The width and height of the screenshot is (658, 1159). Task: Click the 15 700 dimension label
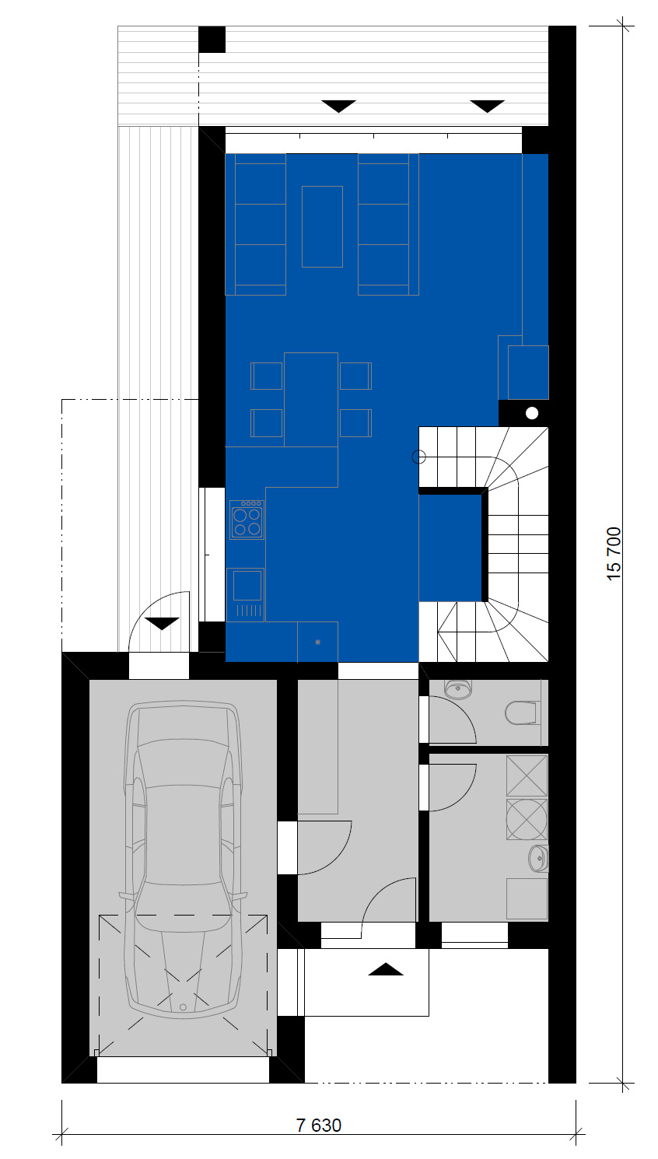(614, 553)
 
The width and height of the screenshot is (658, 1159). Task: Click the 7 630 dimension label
(319, 1125)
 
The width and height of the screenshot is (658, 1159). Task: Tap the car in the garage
(183, 860)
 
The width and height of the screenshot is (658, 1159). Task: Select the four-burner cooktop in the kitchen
(247, 520)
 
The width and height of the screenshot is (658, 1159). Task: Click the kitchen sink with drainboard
(246, 594)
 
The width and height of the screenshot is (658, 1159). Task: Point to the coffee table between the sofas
(322, 226)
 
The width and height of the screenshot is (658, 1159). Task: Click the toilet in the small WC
(521, 713)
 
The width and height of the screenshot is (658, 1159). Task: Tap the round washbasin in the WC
(458, 688)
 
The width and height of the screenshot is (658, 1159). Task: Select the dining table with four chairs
(311, 400)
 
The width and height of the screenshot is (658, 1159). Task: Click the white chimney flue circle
(532, 413)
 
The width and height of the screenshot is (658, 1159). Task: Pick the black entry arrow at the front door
(385, 969)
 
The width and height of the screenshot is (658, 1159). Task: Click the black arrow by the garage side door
(162, 624)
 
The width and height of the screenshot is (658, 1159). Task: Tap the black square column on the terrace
(212, 40)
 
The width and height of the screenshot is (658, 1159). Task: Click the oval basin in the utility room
(538, 859)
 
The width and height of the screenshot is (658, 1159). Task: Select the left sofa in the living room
(256, 224)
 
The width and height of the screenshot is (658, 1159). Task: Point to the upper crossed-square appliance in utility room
(527, 776)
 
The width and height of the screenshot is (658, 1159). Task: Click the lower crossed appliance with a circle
(527, 820)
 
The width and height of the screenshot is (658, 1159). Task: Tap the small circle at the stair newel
(418, 457)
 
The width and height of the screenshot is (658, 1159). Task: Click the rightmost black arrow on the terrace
(488, 106)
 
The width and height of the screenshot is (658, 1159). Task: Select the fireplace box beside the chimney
(528, 373)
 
